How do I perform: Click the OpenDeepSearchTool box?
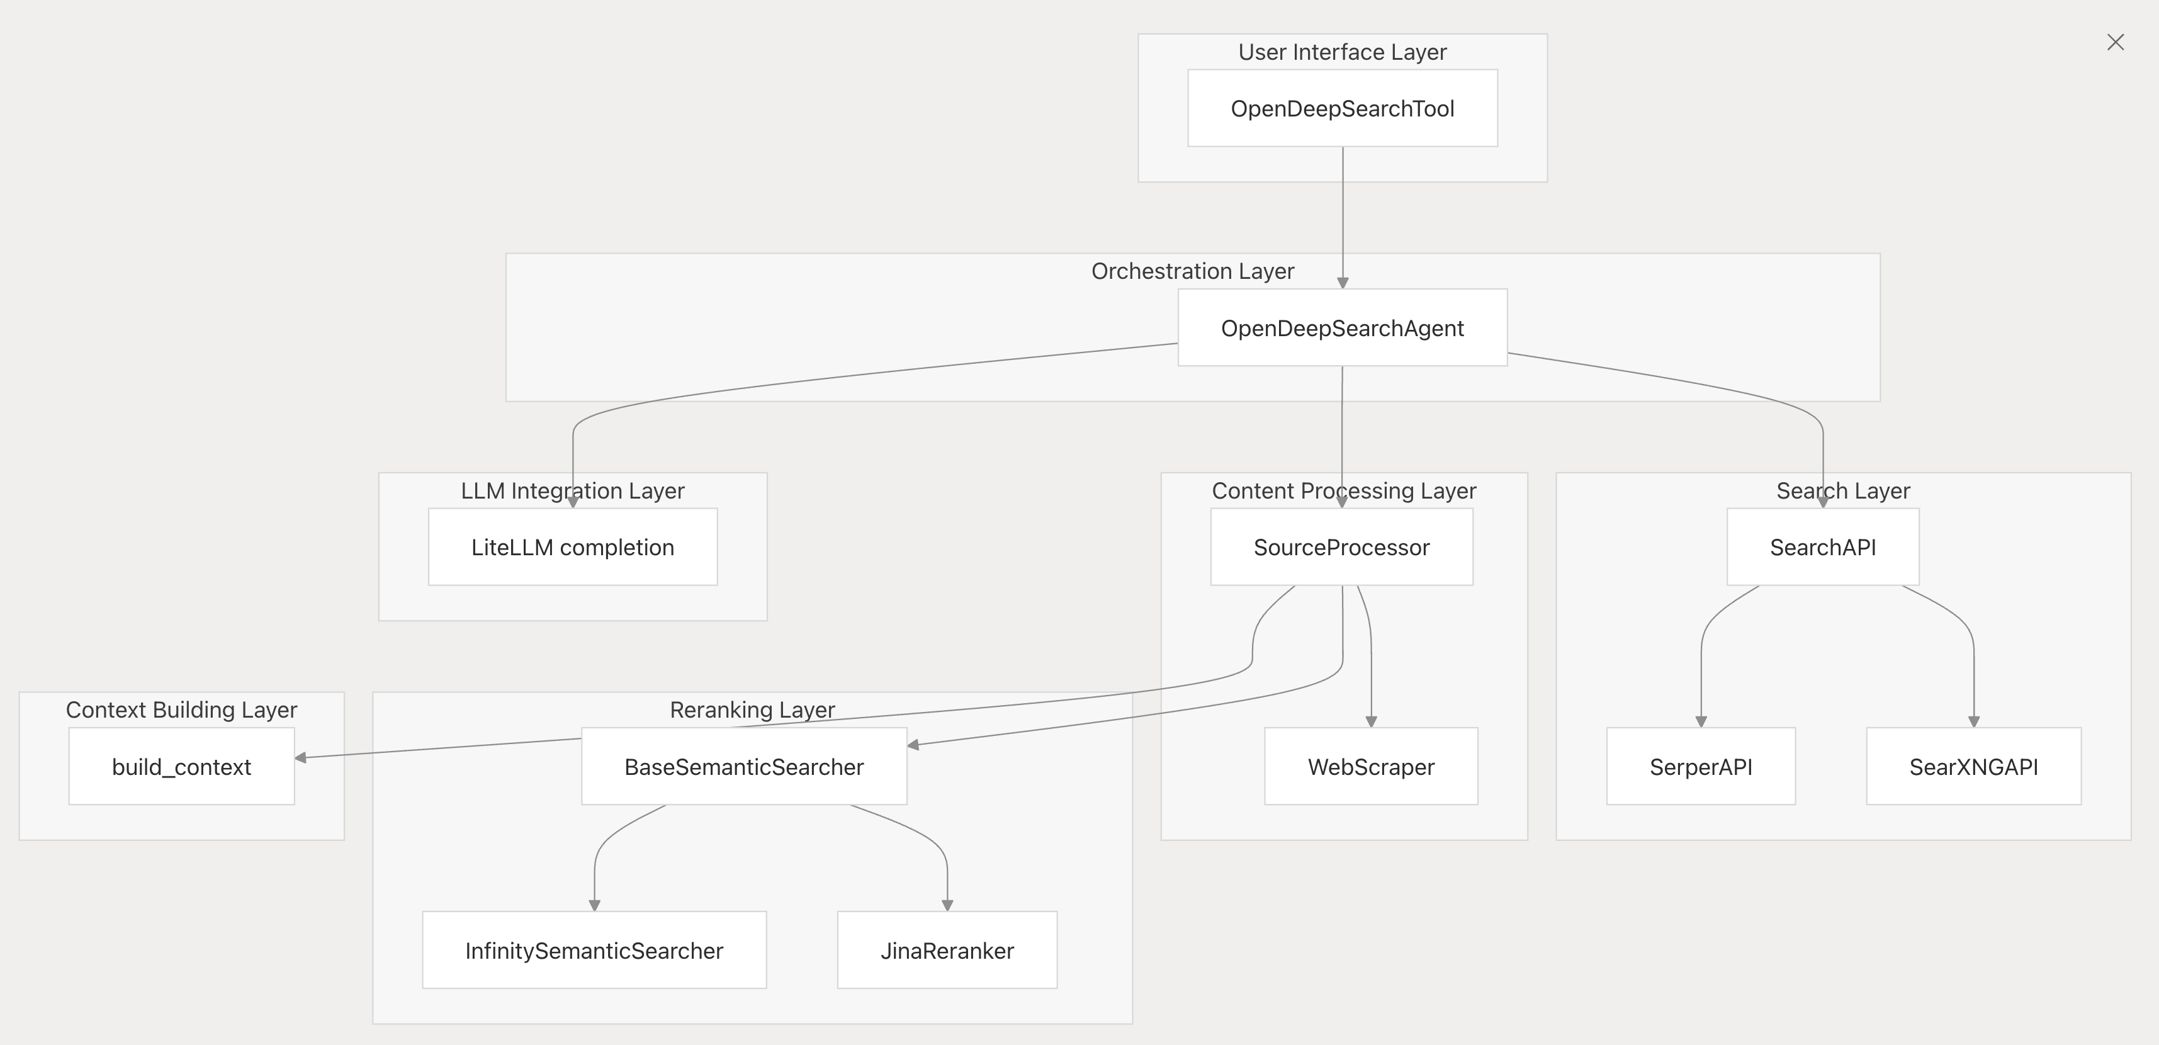[x=1343, y=108]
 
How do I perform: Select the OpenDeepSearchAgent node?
[x=1343, y=327]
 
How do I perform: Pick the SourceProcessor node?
[x=1342, y=547]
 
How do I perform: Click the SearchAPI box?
[x=1823, y=547]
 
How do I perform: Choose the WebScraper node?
[x=1371, y=767]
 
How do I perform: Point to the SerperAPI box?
[x=1701, y=767]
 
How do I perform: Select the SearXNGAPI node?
[x=1974, y=767]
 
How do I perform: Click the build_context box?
[x=182, y=767]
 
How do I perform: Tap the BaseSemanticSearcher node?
[x=744, y=767]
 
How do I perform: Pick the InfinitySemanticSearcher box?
[x=594, y=951]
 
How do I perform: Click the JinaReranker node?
[x=947, y=951]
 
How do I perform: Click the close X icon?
[x=2116, y=42]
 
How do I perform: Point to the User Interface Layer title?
[x=1343, y=52]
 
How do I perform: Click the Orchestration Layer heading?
[x=1193, y=271]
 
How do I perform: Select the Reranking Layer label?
[x=753, y=710]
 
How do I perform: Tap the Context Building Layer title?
[x=182, y=710]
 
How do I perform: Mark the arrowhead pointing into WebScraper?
[x=1371, y=721]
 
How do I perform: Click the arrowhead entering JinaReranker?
[x=947, y=905]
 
